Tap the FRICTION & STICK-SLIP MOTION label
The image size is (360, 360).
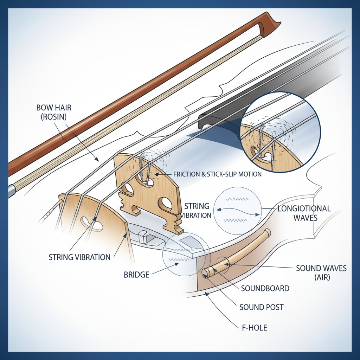tap(218, 174)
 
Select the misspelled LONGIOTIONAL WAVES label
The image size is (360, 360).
tap(304, 213)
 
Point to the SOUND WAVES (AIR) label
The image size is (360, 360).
tap(321, 273)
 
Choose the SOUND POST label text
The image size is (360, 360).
tap(261, 307)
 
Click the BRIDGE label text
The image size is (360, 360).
tap(137, 274)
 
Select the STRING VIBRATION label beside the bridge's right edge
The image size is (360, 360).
tap(197, 210)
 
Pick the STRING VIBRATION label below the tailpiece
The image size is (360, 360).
tap(79, 257)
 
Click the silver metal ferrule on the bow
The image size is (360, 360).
tap(11, 190)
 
